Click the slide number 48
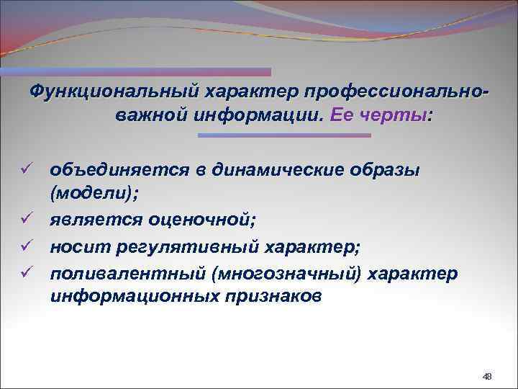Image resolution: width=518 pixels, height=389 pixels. [487, 376]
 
